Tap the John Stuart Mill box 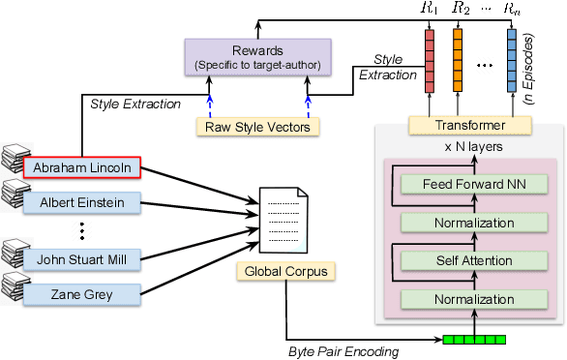82,258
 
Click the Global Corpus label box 285,273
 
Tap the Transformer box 470,125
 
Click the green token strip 475,339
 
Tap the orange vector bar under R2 458,57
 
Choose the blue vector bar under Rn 513,57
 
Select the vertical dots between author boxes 82,230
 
